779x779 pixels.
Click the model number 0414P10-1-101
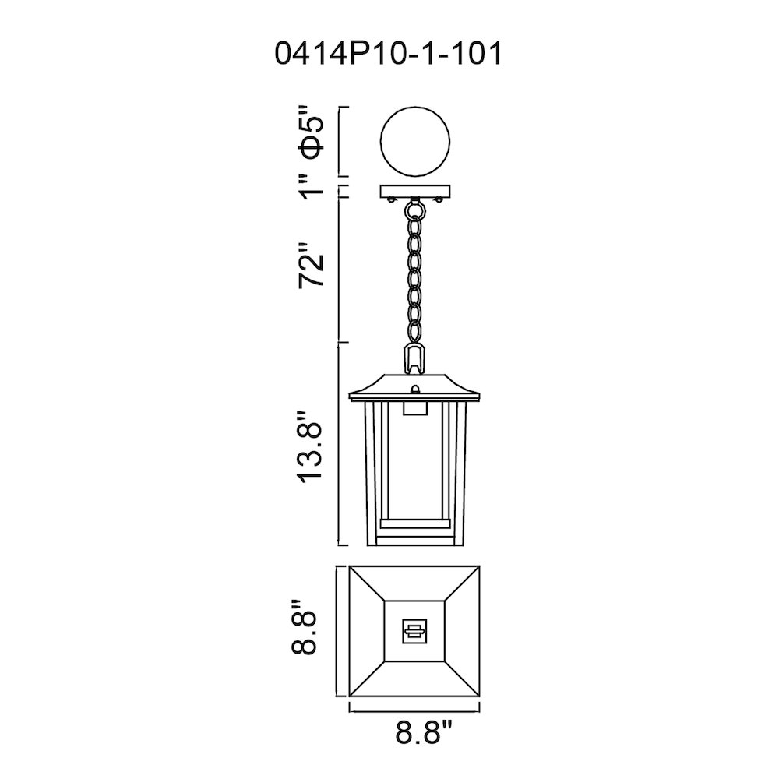pyautogui.click(x=389, y=54)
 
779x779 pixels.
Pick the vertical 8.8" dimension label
pyautogui.click(x=304, y=627)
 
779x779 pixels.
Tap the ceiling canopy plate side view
pyautogui.click(x=415, y=191)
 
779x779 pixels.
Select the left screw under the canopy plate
pyautogui.click(x=392, y=200)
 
